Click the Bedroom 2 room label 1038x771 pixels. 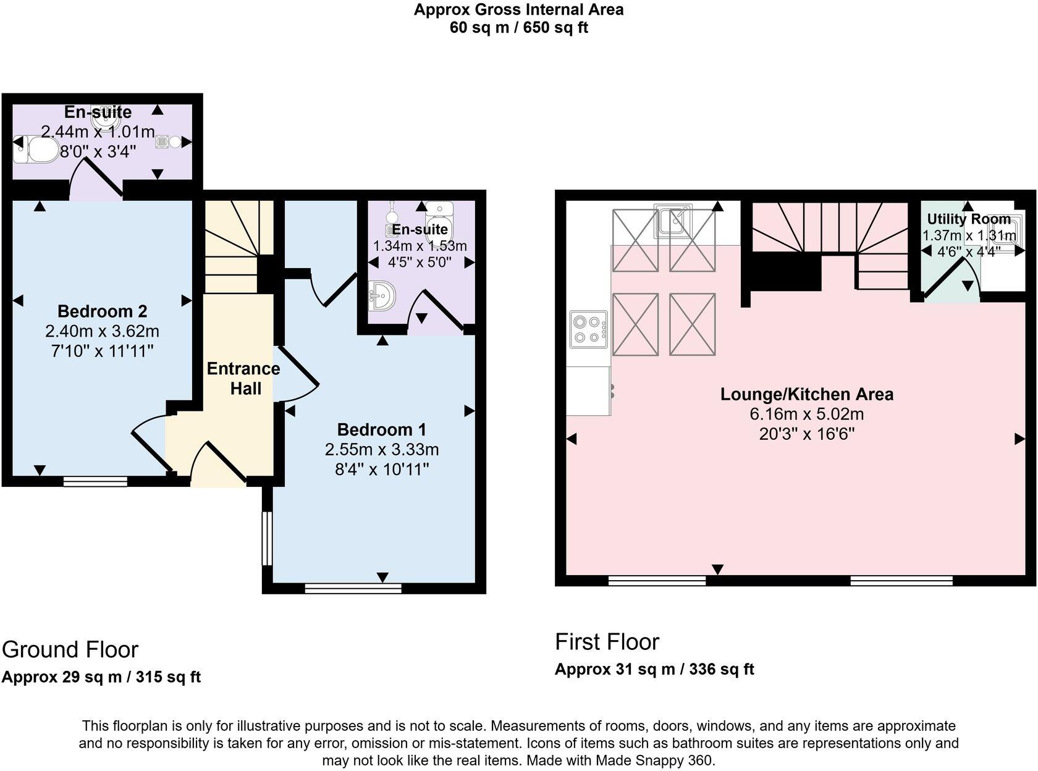point(102,311)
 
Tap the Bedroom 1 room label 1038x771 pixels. point(381,429)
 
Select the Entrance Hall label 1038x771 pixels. point(243,378)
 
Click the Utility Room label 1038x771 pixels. point(968,219)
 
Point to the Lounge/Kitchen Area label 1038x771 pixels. point(806,394)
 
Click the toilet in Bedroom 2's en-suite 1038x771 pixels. point(36,150)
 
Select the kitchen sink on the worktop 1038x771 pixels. point(673,221)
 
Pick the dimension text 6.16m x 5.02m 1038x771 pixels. point(806,414)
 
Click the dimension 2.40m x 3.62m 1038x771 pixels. point(102,331)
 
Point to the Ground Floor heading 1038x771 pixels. point(70,649)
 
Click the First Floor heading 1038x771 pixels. point(607,642)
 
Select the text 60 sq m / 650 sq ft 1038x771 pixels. point(518,28)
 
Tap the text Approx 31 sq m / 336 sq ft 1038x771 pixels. point(654,669)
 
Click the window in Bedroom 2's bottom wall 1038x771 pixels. point(95,481)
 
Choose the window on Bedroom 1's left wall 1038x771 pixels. point(267,537)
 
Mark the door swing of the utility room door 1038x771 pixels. point(951,278)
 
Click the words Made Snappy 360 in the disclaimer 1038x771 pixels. point(653,760)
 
